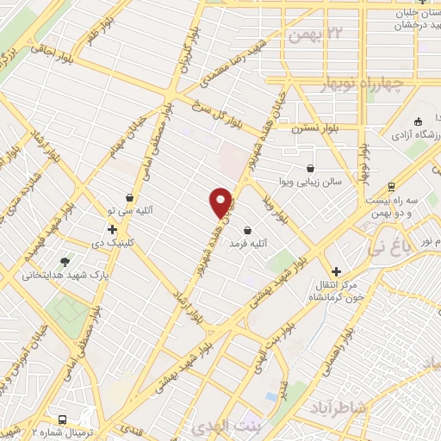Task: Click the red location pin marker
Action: [x=221, y=202]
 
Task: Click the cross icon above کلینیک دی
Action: [x=112, y=230]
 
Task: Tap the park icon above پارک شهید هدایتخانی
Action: [x=65, y=261]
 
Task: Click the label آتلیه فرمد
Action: [x=248, y=245]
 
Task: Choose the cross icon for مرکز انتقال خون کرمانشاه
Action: [x=337, y=271]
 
